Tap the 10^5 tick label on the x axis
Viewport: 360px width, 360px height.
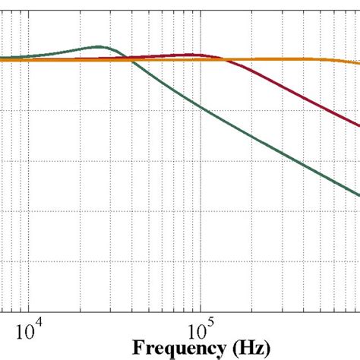(200, 330)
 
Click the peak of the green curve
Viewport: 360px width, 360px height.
(98, 47)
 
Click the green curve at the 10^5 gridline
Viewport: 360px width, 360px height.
(201, 106)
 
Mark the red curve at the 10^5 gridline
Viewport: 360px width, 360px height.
(201, 55)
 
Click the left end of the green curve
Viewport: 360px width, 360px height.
(1, 58)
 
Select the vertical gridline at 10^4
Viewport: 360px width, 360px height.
(30, 190)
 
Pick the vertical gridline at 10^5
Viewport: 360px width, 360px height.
(201, 190)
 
